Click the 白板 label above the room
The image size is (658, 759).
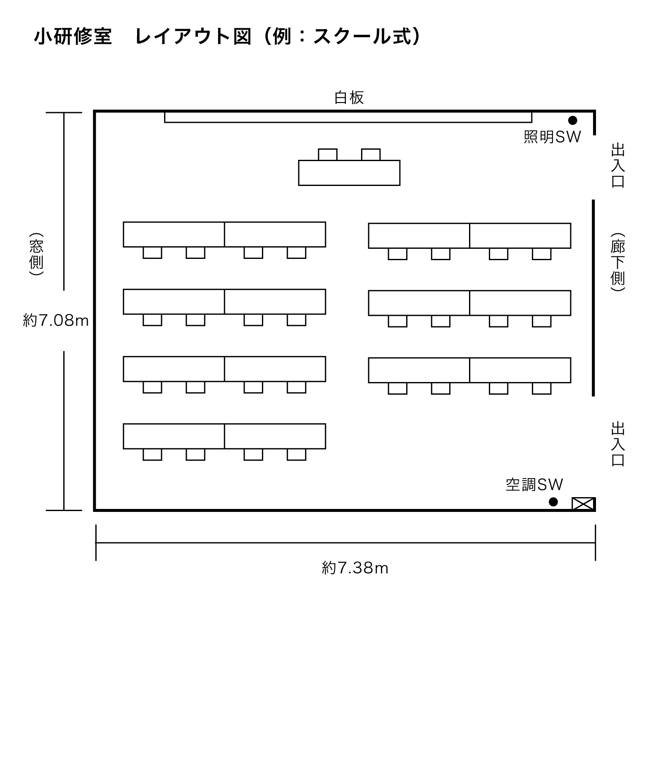click(349, 98)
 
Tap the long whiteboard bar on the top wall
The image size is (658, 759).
click(348, 117)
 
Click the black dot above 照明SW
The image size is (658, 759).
click(572, 121)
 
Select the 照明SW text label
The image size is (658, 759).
click(552, 137)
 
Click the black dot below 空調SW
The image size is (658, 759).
click(553, 502)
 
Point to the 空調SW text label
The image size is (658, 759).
click(534, 485)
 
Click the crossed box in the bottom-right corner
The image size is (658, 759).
click(583, 504)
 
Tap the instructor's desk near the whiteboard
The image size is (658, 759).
click(349, 173)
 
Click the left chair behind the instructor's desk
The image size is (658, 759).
click(328, 155)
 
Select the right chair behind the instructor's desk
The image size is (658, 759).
click(371, 155)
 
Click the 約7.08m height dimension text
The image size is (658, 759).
click(56, 321)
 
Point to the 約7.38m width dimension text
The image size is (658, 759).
click(355, 568)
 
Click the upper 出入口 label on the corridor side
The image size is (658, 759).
click(618, 165)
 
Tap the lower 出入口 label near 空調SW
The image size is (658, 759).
click(618, 444)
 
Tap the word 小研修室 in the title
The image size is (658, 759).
click(73, 37)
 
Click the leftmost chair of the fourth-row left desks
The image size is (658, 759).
click(152, 455)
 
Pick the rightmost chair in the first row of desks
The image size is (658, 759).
click(542, 254)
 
